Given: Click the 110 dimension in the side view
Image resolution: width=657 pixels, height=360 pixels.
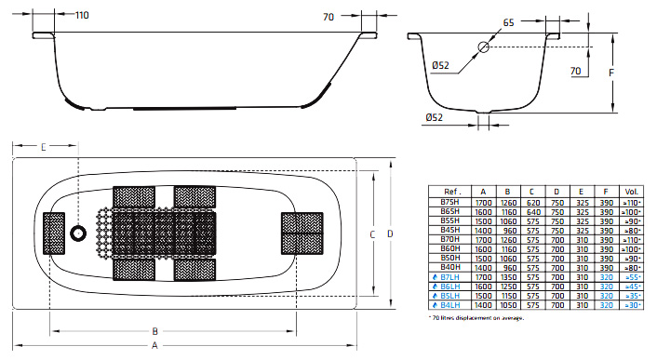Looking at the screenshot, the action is coord(82,15).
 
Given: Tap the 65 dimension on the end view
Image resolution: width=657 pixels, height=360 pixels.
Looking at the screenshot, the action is coord(508,22).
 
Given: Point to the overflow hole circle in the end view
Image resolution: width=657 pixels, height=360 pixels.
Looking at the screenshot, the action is coord(484,47).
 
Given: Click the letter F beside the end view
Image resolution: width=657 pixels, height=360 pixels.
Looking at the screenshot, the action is coord(611,73).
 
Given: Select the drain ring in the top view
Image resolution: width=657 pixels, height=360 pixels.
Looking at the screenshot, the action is coord(78,233).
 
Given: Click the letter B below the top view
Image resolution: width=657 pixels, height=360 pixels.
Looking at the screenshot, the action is coord(155,331).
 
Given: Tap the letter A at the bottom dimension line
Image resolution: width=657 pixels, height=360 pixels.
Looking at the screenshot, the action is coord(155,346).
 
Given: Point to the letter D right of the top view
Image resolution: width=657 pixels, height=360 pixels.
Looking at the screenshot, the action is coord(390,233).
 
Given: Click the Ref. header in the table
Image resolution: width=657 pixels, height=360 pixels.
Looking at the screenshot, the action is coord(452,192).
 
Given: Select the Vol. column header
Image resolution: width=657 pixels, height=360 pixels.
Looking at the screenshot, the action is coord(632,192).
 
